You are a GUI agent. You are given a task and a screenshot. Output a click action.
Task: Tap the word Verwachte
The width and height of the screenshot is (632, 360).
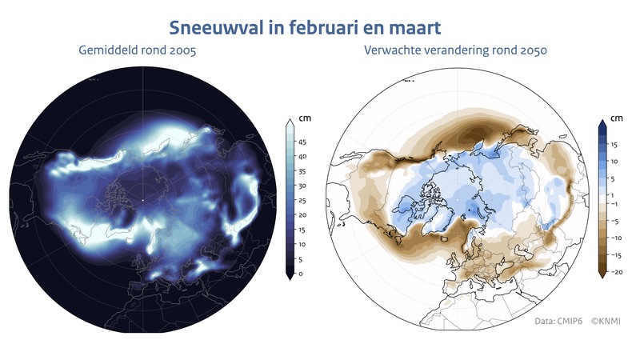tap(394, 52)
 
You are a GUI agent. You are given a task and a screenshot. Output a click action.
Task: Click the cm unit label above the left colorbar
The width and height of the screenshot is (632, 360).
tap(304, 118)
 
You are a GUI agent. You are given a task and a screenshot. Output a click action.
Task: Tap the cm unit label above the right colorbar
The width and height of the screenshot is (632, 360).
tap(616, 118)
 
